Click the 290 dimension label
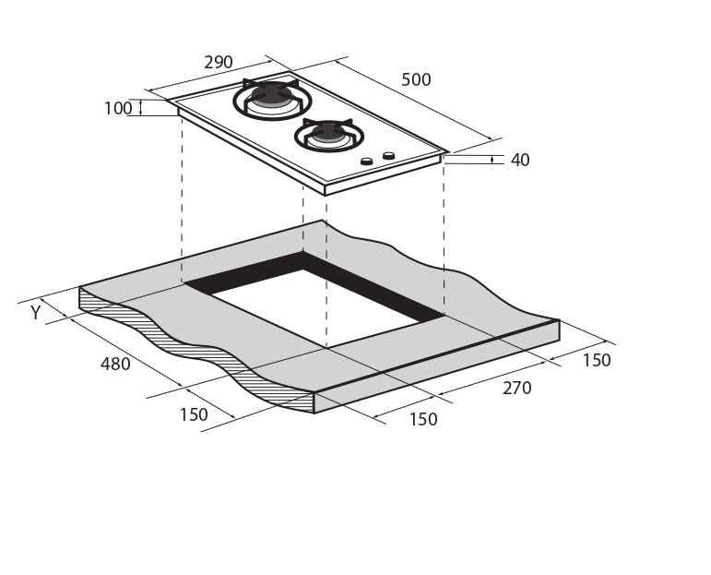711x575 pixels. pyautogui.click(x=219, y=62)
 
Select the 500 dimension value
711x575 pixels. pyautogui.click(x=416, y=80)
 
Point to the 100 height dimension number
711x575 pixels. pyautogui.click(x=118, y=109)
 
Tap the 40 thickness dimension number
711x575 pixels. pyautogui.click(x=520, y=160)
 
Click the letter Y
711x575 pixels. pyautogui.click(x=36, y=313)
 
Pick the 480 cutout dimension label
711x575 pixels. pyautogui.click(x=115, y=364)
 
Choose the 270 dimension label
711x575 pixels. pyautogui.click(x=517, y=388)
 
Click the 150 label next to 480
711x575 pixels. pyautogui.click(x=194, y=414)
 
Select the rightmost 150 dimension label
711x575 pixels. pyautogui.click(x=597, y=360)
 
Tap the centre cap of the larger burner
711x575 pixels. pyautogui.click(x=272, y=94)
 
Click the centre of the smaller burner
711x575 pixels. pyautogui.click(x=328, y=132)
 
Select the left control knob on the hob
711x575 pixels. pyautogui.click(x=366, y=162)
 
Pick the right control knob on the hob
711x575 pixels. pyautogui.click(x=388, y=156)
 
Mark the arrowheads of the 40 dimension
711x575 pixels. pyautogui.click(x=492, y=160)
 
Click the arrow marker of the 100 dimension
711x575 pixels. pyautogui.click(x=141, y=108)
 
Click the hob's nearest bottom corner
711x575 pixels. pyautogui.click(x=326, y=195)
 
